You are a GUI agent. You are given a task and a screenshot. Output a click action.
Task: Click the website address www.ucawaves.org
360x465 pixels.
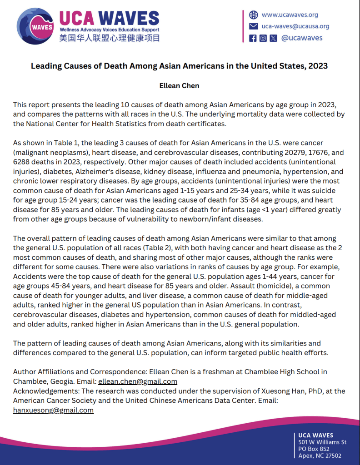290,15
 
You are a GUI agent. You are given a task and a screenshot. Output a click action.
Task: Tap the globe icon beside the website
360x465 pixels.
254,15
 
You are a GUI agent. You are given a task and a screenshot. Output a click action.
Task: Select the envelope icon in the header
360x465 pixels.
254,26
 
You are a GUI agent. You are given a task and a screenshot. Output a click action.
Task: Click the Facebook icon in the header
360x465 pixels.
253,38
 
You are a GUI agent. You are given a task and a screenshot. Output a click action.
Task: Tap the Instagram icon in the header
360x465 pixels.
263,38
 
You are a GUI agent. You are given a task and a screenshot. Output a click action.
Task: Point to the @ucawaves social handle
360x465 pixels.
302,38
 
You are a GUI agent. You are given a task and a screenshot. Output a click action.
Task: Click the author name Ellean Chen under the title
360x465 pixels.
179,85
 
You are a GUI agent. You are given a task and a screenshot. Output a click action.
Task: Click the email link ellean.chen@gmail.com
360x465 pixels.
138,381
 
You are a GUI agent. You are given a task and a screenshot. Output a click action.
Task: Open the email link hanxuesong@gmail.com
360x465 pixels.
53,410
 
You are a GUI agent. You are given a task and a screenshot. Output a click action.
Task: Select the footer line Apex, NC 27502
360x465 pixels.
320,455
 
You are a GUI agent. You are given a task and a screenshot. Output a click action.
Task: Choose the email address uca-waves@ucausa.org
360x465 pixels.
295,26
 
